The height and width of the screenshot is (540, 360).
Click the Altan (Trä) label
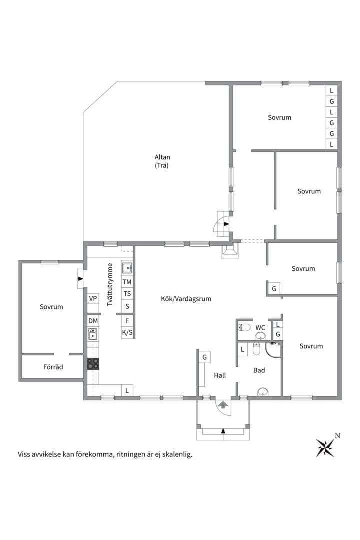tap(162, 161)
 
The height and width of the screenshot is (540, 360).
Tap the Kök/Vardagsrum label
tap(186, 299)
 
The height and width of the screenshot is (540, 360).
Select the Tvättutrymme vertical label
tap(110, 285)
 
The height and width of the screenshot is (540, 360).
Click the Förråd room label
tap(53, 367)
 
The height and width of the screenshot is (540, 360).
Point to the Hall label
tap(220, 375)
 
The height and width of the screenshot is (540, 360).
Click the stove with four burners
tap(93, 364)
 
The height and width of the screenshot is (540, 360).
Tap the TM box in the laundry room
tap(127, 282)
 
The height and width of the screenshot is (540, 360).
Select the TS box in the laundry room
tap(127, 294)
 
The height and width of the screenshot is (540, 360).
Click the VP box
tap(93, 298)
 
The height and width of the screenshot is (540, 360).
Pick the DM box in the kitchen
tap(93, 321)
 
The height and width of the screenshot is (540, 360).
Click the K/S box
tap(127, 332)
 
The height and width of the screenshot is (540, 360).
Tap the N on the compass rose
tap(338, 436)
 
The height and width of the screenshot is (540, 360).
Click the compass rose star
tap(325, 448)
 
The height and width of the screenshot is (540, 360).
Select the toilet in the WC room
tap(244, 327)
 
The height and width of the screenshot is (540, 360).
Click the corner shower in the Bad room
tap(273, 350)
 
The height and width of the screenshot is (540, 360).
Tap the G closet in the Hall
tap(205, 357)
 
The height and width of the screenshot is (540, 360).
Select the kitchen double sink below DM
tap(93, 334)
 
